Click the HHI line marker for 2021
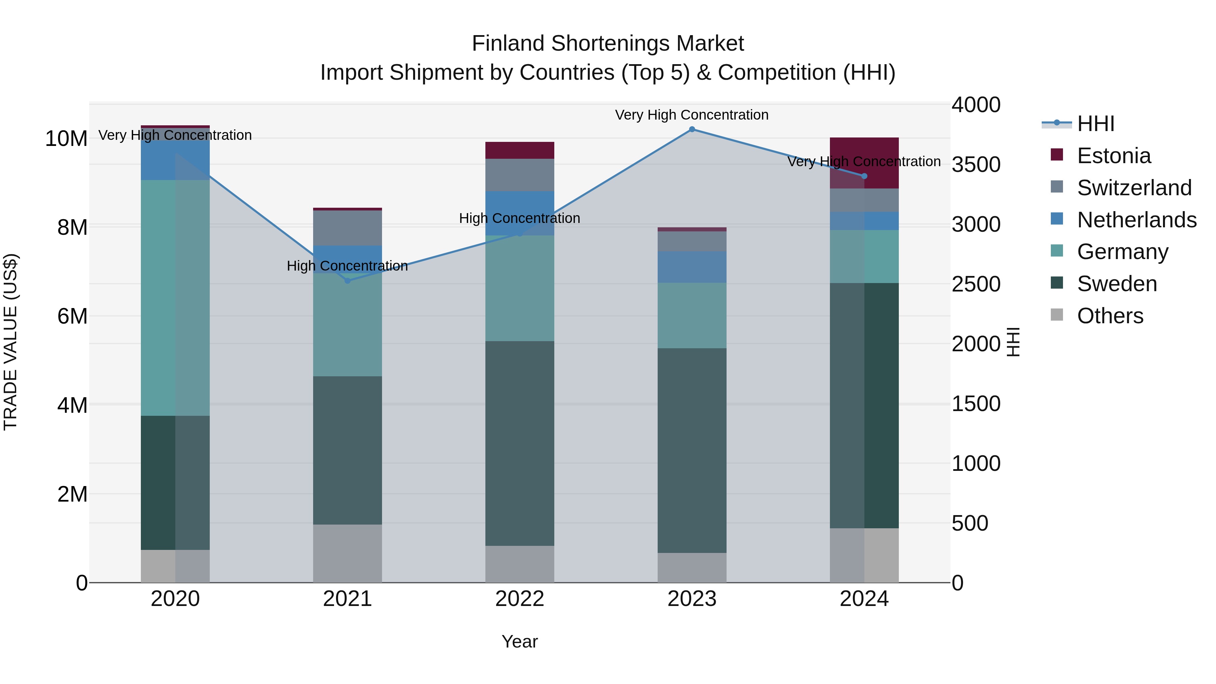(x=348, y=281)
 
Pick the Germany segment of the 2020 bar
(x=158, y=297)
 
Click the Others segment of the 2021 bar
(x=348, y=553)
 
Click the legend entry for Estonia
(x=1114, y=156)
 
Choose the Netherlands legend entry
(x=1136, y=220)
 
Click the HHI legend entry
(x=1095, y=124)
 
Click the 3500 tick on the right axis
(x=975, y=165)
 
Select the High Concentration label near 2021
(x=348, y=266)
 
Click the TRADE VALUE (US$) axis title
(x=10, y=342)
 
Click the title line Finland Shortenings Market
(x=608, y=44)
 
